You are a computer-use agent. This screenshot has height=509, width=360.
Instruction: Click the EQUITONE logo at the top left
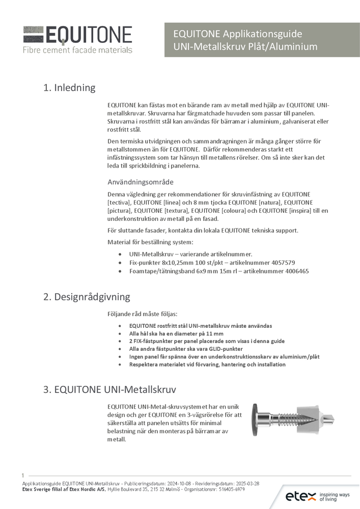pos(77,35)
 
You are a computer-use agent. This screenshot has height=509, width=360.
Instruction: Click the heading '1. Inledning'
pos(69,88)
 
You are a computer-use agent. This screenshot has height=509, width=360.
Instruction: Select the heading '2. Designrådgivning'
pos(87,297)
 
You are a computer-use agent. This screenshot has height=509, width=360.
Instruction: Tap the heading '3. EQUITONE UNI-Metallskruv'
pos(109,390)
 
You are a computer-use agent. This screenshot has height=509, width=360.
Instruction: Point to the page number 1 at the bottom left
pos(23,475)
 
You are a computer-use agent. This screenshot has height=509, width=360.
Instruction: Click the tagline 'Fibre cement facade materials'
pos(77,50)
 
